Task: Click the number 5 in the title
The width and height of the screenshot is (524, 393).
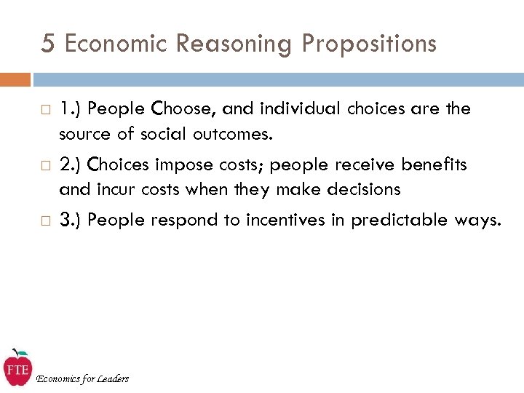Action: (47, 44)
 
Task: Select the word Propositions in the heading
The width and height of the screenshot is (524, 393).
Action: (369, 44)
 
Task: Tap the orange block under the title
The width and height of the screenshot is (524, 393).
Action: (15, 79)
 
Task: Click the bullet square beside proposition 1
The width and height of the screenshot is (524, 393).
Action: (46, 110)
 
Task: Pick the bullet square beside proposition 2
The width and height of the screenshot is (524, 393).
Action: (46, 166)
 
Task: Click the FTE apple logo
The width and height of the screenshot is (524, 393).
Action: (17, 368)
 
